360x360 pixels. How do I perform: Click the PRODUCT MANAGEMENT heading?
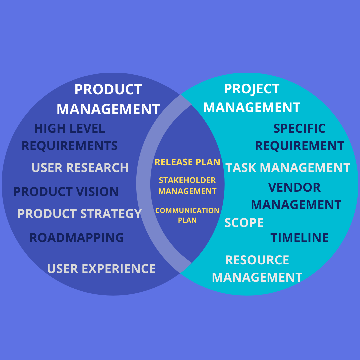pyautogui.click(x=108, y=99)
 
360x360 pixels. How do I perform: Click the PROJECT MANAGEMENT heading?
pyautogui.click(x=252, y=98)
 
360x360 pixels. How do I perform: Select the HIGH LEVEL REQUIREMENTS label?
pyautogui.click(x=70, y=137)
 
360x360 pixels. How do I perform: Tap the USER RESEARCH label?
pyautogui.click(x=80, y=168)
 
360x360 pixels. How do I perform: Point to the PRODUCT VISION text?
pyautogui.click(x=66, y=192)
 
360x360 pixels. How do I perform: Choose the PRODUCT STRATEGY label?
pyautogui.click(x=80, y=214)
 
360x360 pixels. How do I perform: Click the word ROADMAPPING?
pyautogui.click(x=77, y=238)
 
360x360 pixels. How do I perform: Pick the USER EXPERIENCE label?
pyautogui.click(x=101, y=269)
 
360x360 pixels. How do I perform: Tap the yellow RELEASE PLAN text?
pyautogui.click(x=187, y=162)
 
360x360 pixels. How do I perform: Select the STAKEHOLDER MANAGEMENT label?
pyautogui.click(x=187, y=186)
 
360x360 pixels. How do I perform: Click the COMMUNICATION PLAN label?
pyautogui.click(x=187, y=215)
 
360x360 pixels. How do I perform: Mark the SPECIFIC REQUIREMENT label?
pyautogui.click(x=299, y=137)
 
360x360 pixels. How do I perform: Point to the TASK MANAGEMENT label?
pyautogui.click(x=288, y=168)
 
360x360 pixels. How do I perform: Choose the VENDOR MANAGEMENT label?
pyautogui.click(x=296, y=196)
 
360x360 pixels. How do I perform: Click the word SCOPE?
pyautogui.click(x=244, y=223)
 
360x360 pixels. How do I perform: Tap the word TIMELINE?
pyautogui.click(x=299, y=238)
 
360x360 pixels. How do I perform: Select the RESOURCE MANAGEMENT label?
pyautogui.click(x=257, y=269)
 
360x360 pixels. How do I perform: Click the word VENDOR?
pyautogui.click(x=294, y=187)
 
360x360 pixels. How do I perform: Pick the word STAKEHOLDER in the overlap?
pyautogui.click(x=187, y=180)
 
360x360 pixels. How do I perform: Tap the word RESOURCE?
pyautogui.click(x=257, y=260)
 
